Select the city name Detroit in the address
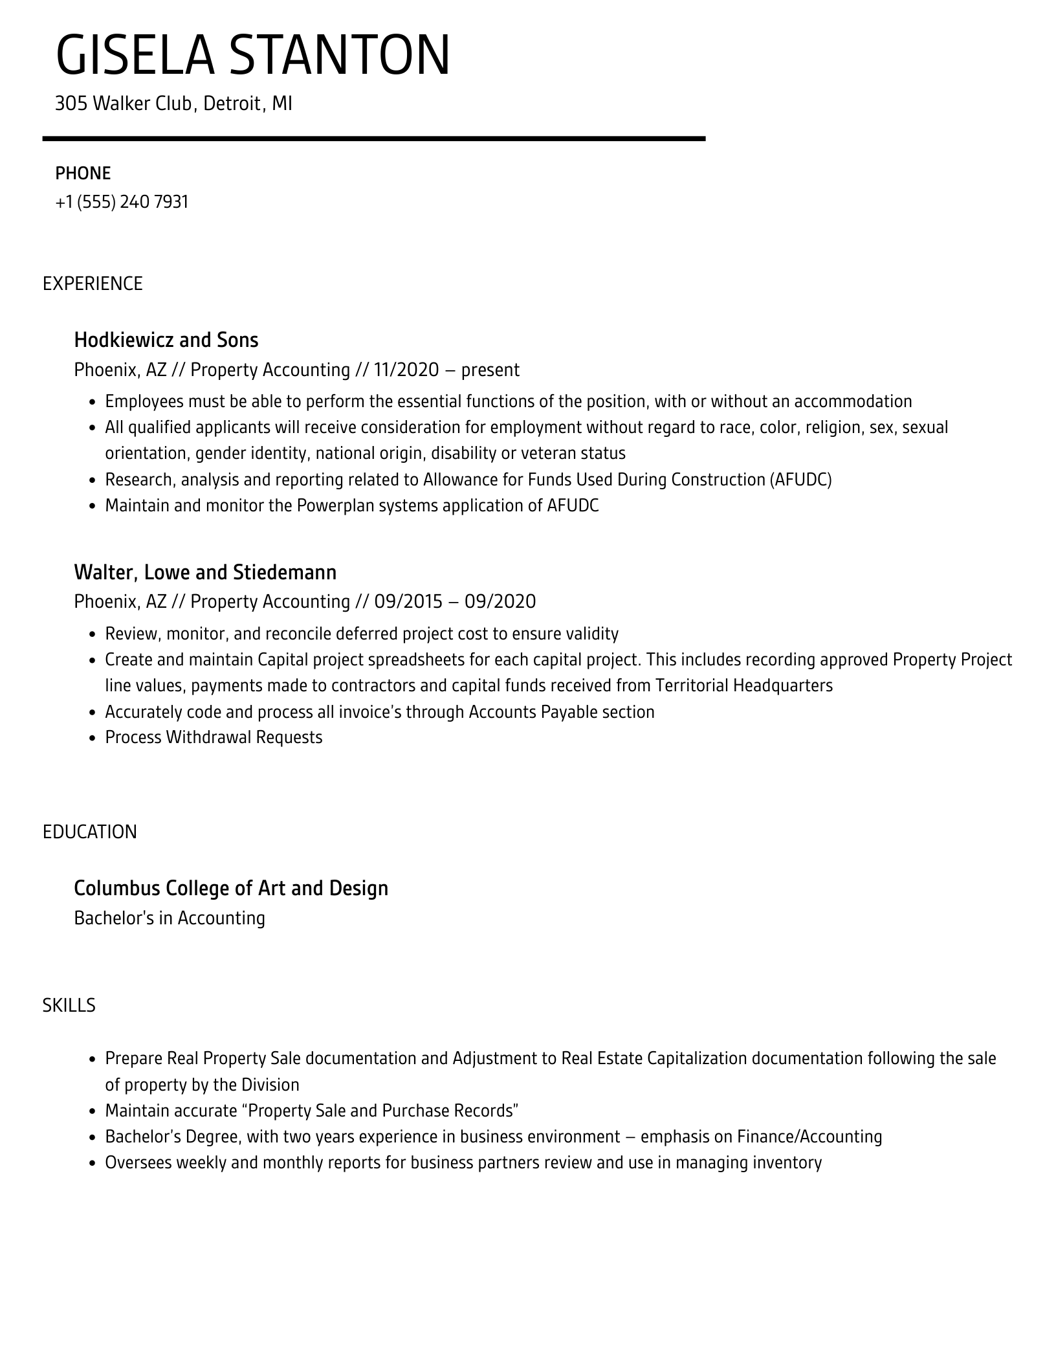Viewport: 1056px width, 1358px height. [x=232, y=104]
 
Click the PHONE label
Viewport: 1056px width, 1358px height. [x=83, y=173]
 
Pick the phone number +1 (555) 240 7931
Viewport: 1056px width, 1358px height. [x=122, y=202]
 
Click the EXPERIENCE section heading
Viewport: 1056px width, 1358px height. [x=93, y=284]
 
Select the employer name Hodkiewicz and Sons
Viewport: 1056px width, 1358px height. [x=166, y=340]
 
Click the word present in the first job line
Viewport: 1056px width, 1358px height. [x=490, y=370]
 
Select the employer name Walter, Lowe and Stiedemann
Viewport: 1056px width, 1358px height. [x=205, y=572]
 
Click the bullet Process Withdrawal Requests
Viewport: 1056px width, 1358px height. [x=214, y=737]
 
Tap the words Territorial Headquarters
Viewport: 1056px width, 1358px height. [x=743, y=685]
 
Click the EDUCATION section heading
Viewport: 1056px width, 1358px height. [x=90, y=832]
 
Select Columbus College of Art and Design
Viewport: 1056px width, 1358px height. [x=231, y=888]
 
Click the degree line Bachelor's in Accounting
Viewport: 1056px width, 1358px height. [x=170, y=918]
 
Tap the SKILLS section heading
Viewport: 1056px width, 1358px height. [x=69, y=1005]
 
